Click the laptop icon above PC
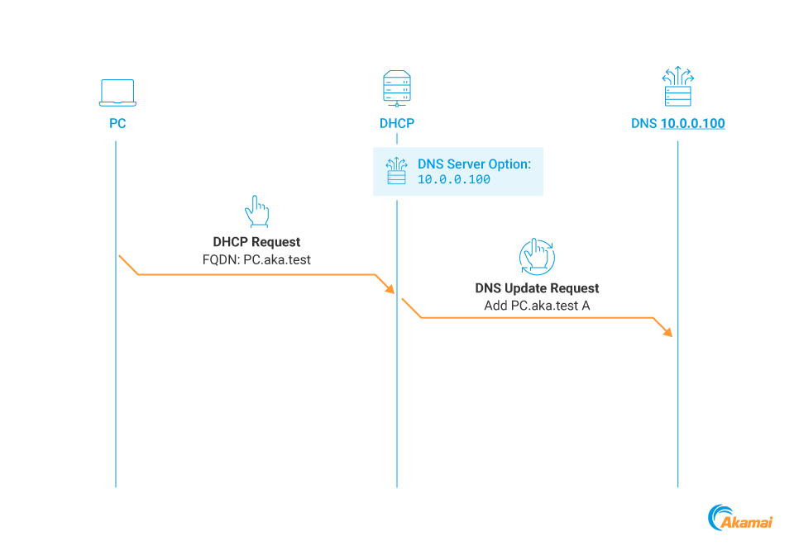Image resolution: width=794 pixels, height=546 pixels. click(117, 93)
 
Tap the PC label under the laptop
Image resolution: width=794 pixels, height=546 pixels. click(117, 124)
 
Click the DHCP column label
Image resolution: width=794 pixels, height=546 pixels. click(397, 124)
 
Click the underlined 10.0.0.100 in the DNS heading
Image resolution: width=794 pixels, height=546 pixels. click(692, 124)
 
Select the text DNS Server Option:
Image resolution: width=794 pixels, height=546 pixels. click(474, 164)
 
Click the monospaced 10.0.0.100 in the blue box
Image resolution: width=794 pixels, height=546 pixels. click(454, 179)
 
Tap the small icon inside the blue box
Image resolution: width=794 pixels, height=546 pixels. click(397, 171)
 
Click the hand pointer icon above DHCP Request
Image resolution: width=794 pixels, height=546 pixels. click(256, 211)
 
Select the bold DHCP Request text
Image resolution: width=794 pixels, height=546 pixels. click(256, 242)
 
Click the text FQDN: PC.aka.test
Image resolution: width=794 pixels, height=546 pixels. click(256, 259)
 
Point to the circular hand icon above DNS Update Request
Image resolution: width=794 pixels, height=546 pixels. click(537, 256)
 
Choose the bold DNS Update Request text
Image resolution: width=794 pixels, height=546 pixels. click(537, 288)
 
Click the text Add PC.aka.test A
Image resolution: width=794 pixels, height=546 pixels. click(537, 306)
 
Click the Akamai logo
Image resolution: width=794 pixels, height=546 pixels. click(740, 518)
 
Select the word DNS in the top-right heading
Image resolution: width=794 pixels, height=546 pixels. click(643, 124)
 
